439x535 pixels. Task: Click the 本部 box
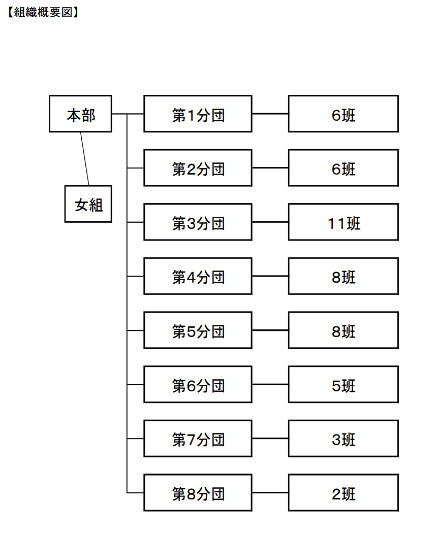tap(80, 114)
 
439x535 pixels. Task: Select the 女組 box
tap(88, 204)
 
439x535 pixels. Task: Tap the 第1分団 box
tap(198, 114)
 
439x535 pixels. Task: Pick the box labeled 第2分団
tap(198, 168)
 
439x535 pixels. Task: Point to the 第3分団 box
tap(198, 222)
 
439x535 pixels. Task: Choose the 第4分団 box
tap(198, 276)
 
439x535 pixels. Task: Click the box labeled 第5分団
tap(198, 330)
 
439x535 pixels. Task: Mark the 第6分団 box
tap(198, 385)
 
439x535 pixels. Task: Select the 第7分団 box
tap(198, 439)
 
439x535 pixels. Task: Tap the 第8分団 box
tap(198, 493)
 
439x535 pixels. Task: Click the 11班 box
tap(343, 222)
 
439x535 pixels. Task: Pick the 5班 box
tap(343, 385)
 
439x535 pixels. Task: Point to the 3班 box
tap(343, 439)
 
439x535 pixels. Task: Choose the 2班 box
tap(343, 493)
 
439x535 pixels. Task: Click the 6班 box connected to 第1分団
tap(343, 114)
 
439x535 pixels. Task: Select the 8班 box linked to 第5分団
tap(343, 330)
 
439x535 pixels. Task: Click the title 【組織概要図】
tap(43, 12)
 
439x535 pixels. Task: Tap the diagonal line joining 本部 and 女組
tap(85, 159)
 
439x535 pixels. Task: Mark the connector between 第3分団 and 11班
tap(270, 222)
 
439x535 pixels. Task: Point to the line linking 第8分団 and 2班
tap(270, 493)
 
